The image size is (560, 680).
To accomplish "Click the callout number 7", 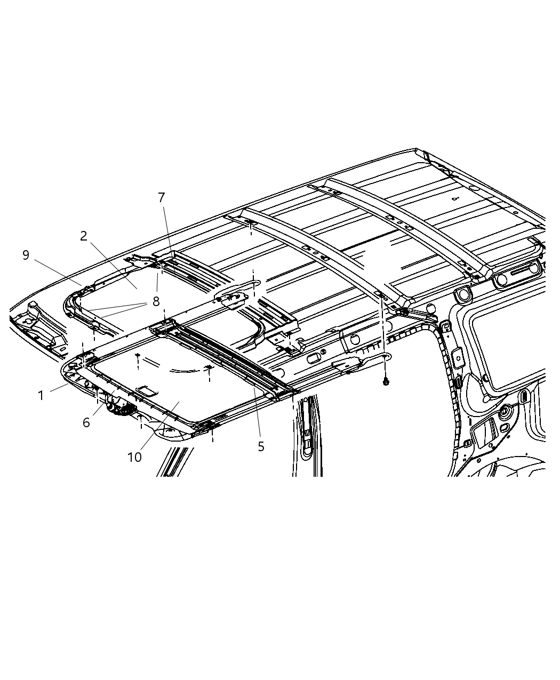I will pos(162,198).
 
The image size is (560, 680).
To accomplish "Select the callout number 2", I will pos(84,236).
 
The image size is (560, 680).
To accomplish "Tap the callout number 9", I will pos(26,255).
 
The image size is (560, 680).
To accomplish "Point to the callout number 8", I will pos(156,301).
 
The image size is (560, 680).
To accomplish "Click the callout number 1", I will pos(41,396).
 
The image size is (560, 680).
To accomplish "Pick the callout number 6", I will pos(86,423).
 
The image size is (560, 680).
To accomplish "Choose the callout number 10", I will pos(135,457).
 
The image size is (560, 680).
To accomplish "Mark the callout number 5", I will pos(261,447).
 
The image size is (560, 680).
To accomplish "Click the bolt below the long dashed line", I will pos(386,382).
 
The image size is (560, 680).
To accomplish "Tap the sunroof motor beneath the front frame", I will pos(121,408).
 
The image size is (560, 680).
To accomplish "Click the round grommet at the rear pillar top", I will pos(462,294).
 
